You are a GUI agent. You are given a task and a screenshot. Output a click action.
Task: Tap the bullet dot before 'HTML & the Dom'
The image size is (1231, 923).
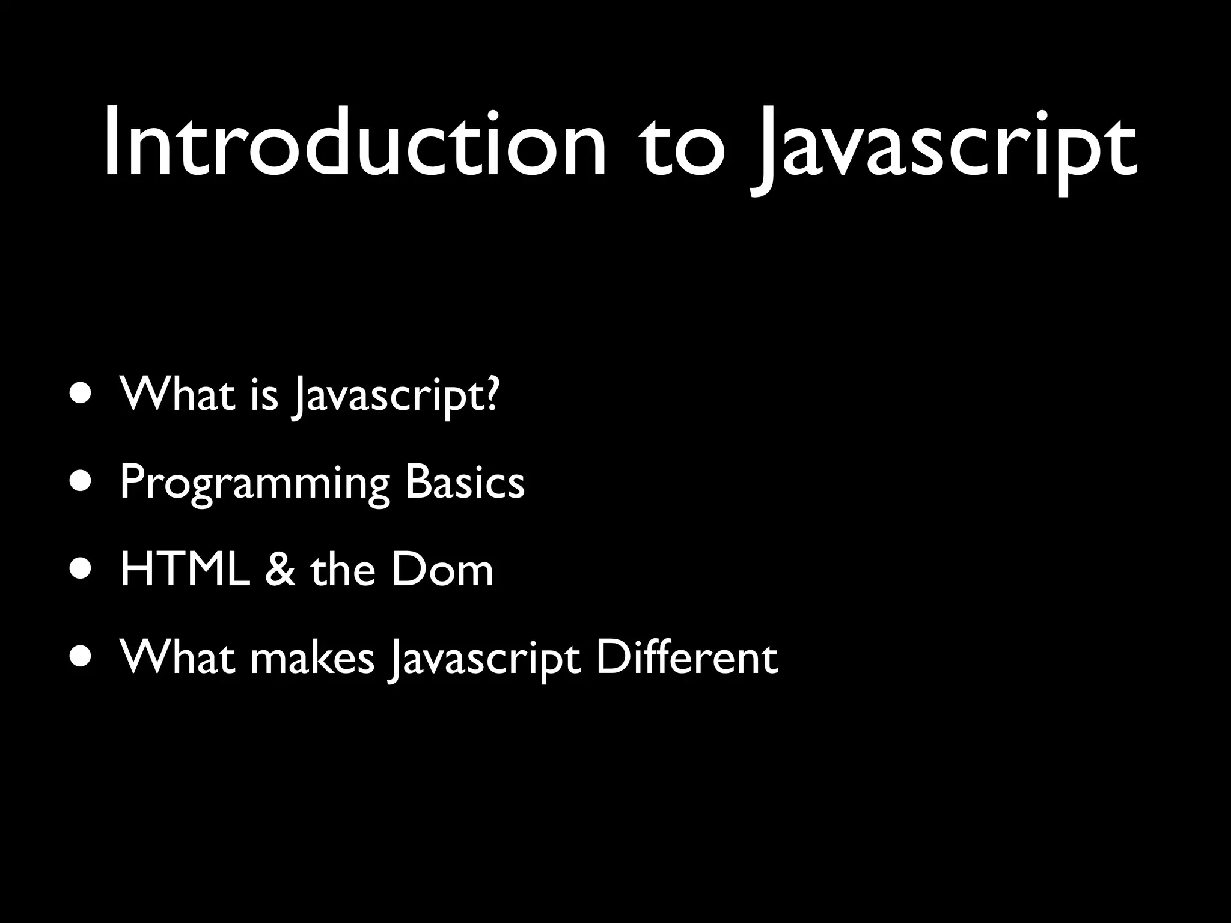point(81,568)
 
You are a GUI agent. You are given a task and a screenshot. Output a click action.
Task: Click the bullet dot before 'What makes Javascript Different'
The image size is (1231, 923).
point(81,656)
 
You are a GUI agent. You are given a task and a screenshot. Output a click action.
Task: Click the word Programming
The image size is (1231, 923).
point(255,484)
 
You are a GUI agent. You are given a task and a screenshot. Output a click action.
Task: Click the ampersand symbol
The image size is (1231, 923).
point(280,570)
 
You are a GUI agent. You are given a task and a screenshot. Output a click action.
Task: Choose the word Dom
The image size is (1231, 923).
point(442,570)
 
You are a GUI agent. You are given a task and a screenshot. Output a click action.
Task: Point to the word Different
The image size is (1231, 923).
point(686,657)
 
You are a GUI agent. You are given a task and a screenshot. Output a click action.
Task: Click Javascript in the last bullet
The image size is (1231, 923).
point(484,660)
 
